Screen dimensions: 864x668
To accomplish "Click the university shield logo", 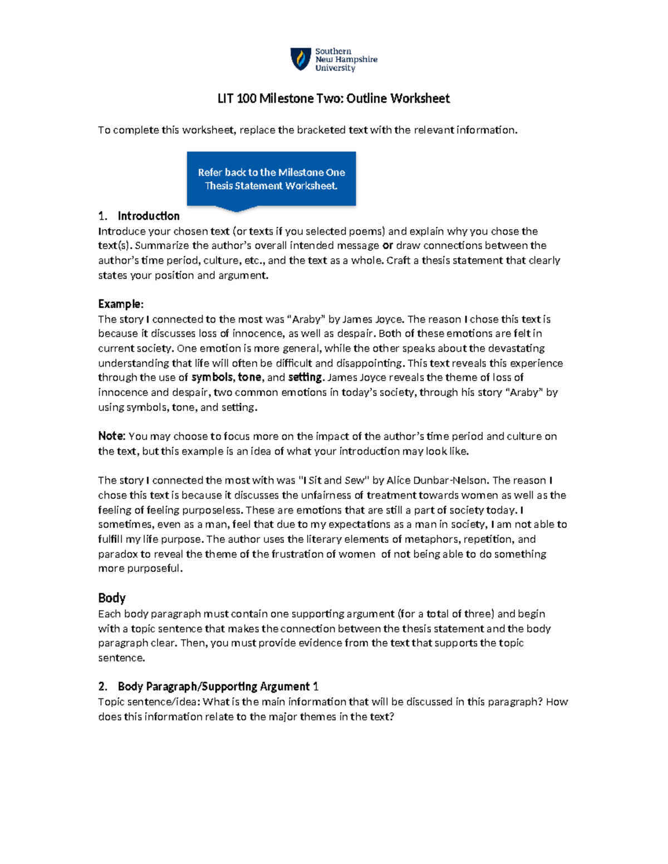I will (x=301, y=59).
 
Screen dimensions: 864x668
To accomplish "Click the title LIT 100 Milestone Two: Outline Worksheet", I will (x=333, y=98).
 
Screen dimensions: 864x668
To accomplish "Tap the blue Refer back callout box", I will (x=271, y=179).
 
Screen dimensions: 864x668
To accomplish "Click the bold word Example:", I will (x=121, y=304).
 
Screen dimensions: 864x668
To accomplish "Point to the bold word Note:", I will (x=112, y=436).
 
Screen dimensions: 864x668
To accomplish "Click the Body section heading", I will (x=112, y=598).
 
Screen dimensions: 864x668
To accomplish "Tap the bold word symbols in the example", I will (x=212, y=377).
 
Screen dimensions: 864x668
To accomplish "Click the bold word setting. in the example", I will (x=305, y=377).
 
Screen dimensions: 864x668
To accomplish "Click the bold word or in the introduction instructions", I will (x=388, y=245).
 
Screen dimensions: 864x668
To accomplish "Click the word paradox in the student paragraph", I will (x=117, y=554).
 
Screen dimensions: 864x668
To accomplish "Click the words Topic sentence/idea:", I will (x=149, y=702).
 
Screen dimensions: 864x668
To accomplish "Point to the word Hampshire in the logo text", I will (x=356, y=60).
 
